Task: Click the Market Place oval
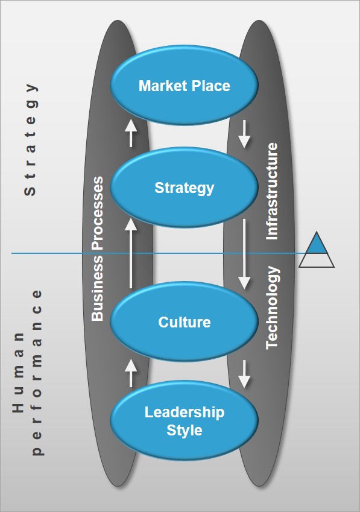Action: pos(184,85)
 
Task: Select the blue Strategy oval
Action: pos(184,188)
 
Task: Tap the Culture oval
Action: pos(184,322)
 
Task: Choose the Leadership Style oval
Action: pos(184,421)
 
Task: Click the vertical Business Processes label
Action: pos(97,249)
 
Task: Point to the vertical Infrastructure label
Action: pos(272,191)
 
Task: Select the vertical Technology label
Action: pos(272,308)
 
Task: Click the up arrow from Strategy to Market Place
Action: pos(131,133)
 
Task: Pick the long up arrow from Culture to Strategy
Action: pos(131,253)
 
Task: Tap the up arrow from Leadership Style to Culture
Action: pos(131,373)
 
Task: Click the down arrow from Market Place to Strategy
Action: pos(244,134)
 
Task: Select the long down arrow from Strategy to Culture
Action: pos(244,254)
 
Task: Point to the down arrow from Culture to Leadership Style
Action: pos(244,375)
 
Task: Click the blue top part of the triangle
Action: pos(316,245)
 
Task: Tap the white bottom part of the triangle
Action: pos(317,261)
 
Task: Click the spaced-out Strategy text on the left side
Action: pos(30,139)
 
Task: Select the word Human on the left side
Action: pos(18,372)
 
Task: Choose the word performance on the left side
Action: pos(37,372)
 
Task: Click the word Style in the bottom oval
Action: pos(185,431)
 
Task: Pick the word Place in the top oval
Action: pos(211,86)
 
